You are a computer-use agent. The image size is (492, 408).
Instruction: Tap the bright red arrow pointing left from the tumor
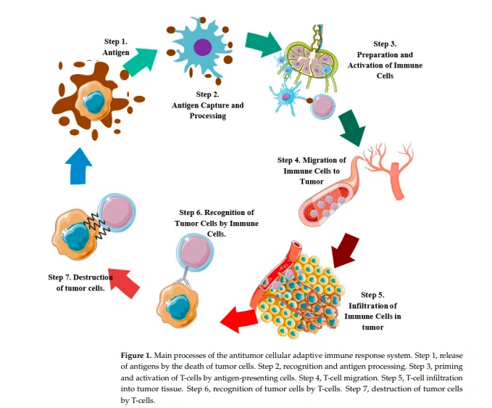click(238, 317)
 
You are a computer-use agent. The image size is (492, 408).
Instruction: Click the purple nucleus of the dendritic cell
click(203, 48)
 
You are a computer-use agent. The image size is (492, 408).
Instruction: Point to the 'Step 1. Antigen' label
click(116, 47)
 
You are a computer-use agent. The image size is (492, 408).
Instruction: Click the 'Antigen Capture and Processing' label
click(208, 110)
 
